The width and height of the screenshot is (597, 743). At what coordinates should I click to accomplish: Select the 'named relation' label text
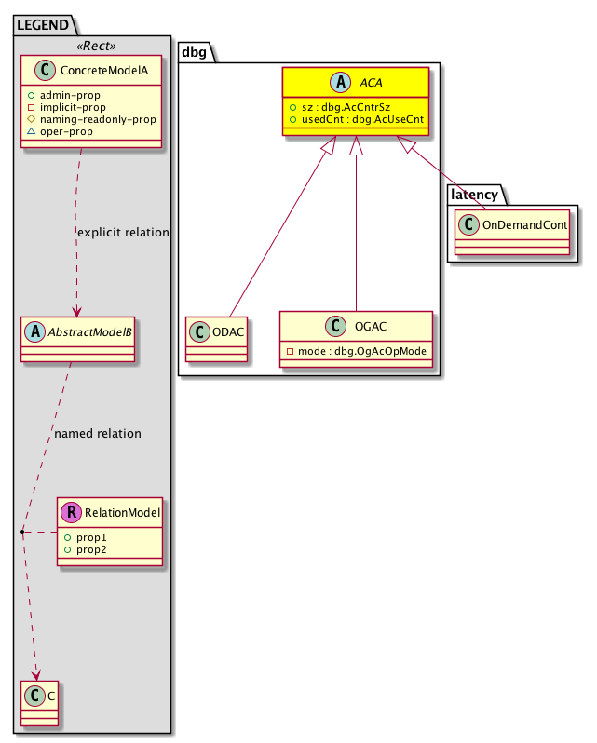[98, 433]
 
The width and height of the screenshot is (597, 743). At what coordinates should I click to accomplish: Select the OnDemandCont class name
[523, 223]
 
